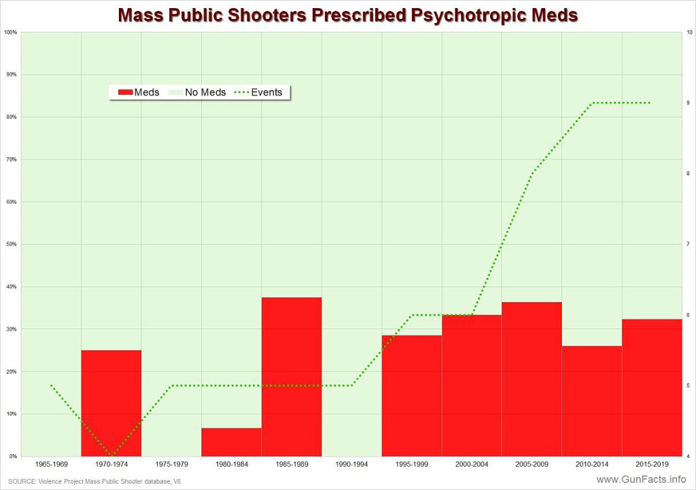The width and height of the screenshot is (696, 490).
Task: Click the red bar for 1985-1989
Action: click(x=292, y=377)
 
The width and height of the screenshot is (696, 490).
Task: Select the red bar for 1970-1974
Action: click(x=111, y=403)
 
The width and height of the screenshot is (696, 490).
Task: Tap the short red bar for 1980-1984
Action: click(x=231, y=442)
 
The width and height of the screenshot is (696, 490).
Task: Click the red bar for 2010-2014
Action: click(x=591, y=401)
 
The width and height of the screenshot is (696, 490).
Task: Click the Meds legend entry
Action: click(x=139, y=92)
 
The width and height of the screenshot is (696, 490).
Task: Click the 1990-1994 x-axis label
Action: click(x=351, y=464)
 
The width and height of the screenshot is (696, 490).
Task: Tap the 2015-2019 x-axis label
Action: click(x=651, y=464)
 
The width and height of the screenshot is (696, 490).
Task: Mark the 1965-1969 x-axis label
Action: click(x=51, y=464)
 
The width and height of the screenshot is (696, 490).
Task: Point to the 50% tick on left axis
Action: click(x=12, y=244)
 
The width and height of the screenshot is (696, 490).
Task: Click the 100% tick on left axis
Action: click(x=10, y=33)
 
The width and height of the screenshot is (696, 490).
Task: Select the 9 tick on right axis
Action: click(x=689, y=103)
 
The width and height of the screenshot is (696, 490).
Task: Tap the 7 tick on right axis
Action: click(x=689, y=244)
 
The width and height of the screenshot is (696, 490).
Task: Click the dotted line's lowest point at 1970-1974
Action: click(x=111, y=455)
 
